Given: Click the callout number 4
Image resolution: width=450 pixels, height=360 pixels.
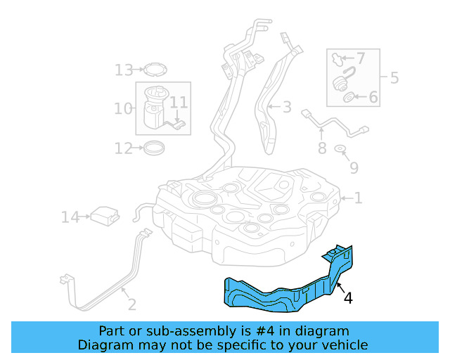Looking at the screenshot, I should click(x=348, y=298).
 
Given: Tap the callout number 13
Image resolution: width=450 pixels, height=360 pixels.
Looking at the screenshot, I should click(x=124, y=70).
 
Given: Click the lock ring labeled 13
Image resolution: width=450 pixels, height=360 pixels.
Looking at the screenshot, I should click(x=155, y=69).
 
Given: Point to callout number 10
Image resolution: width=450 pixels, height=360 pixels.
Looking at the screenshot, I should click(x=123, y=108).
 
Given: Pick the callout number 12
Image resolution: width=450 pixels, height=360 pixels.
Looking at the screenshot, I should click(x=124, y=148).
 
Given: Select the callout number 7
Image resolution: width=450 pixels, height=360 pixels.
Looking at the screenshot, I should click(x=361, y=58).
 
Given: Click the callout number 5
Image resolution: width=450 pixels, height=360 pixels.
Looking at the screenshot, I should click(x=394, y=77).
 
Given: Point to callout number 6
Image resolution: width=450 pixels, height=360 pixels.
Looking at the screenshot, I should click(x=373, y=97).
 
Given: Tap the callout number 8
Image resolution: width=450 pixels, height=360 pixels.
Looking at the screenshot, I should click(x=321, y=148).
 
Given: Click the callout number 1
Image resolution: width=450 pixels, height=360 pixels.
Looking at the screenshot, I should click(x=358, y=199).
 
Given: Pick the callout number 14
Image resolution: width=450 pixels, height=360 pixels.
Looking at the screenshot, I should click(x=70, y=218).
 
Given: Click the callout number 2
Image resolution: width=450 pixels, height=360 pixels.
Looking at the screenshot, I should click(x=131, y=304).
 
